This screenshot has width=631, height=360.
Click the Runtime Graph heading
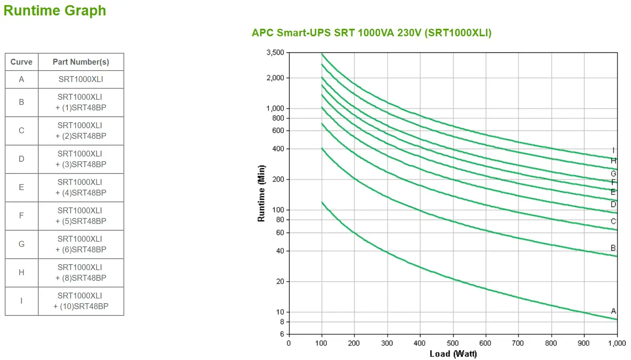55,11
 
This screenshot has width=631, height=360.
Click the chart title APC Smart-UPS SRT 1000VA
372,33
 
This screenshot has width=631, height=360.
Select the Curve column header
21,62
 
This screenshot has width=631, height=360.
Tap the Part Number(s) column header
81,62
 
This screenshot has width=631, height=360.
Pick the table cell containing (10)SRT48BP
81,301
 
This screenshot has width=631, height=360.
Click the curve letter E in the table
21,187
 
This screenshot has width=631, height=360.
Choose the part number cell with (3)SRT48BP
81,159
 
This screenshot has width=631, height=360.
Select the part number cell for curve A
81,79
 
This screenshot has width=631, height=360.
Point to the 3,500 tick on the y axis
275,52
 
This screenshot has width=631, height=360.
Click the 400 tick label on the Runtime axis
278,149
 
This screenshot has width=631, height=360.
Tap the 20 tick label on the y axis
280,282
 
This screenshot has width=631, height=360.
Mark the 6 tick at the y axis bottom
282,334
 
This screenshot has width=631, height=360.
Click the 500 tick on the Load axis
453,343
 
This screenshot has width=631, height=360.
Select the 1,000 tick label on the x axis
617,343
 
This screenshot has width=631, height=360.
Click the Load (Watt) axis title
453,353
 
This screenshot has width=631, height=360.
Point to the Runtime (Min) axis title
261,193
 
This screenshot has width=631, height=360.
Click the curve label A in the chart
613,311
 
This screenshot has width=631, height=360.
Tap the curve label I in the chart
613,150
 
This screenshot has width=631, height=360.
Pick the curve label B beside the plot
613,248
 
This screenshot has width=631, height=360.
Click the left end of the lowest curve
322,203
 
